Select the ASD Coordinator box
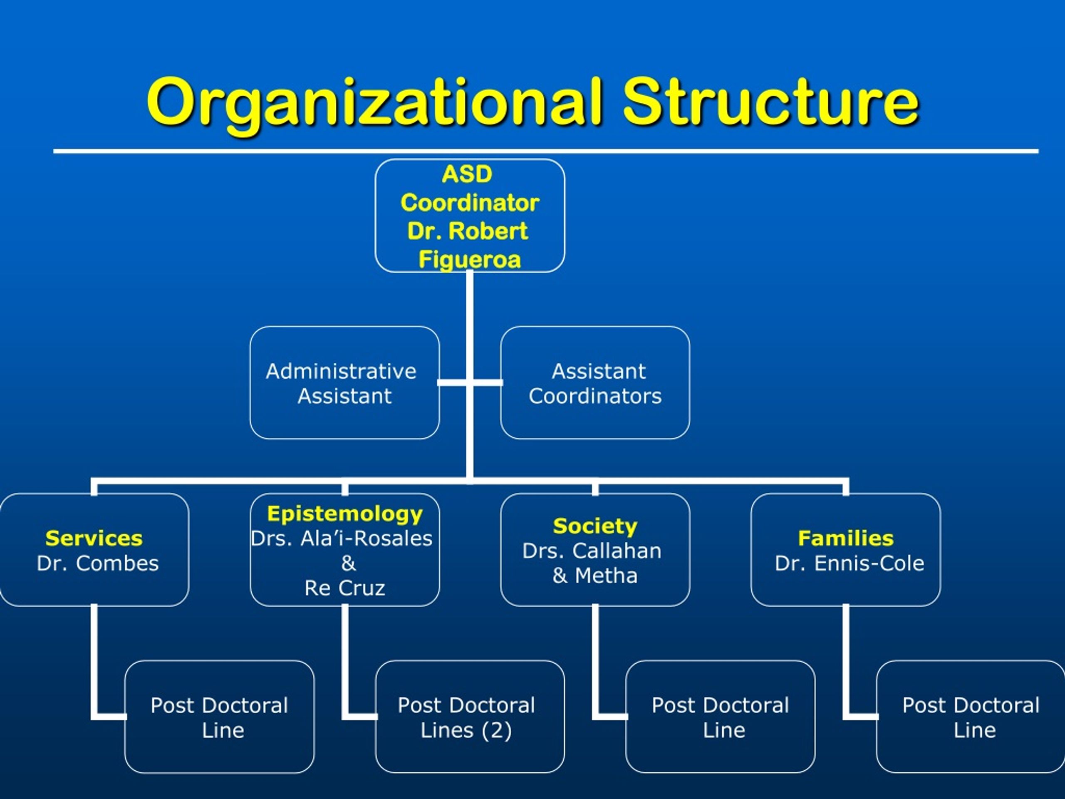click(x=470, y=216)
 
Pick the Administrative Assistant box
click(x=345, y=383)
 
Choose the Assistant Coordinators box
click(x=595, y=383)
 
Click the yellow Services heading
click(x=94, y=538)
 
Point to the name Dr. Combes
click(x=98, y=563)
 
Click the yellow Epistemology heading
click(x=345, y=514)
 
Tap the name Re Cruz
click(x=345, y=588)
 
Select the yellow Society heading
click(x=595, y=526)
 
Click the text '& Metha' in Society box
click(x=595, y=576)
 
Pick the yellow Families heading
click(x=846, y=538)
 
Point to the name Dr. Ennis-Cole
click(x=850, y=563)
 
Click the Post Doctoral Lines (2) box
click(x=470, y=717)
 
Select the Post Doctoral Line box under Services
click(x=220, y=717)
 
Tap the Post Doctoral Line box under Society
click(x=720, y=717)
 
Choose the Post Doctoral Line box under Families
click(x=971, y=717)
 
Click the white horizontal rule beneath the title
click(x=546, y=151)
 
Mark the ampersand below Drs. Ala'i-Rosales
click(x=348, y=563)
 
